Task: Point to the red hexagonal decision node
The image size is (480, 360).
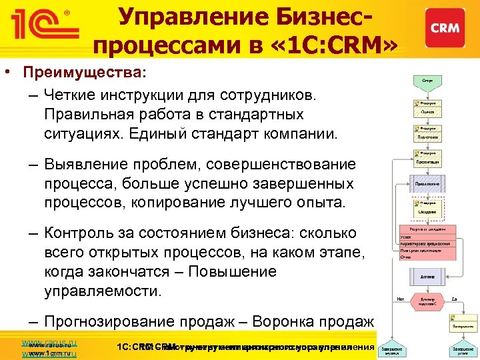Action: [x=427, y=301]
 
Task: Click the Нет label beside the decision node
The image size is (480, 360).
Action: [x=401, y=299]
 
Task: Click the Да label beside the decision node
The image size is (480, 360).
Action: [x=454, y=299]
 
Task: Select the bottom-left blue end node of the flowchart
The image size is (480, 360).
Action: [x=395, y=350]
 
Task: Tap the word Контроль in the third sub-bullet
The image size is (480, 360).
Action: [x=79, y=233]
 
